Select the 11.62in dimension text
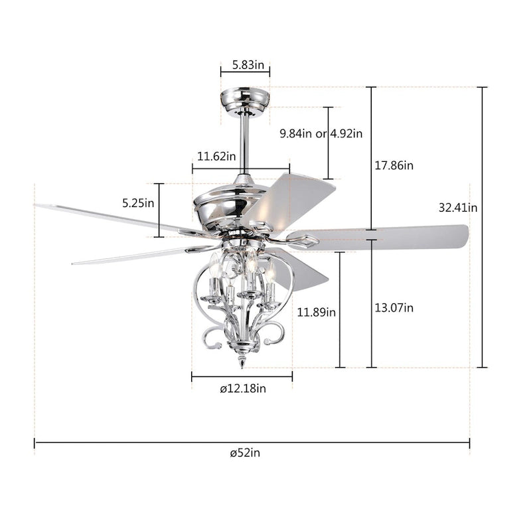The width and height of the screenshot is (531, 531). pos(216,157)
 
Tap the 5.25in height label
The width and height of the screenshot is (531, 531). pos(138,203)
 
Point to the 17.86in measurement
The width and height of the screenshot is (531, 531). pos(394,165)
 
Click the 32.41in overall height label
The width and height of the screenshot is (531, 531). pos(458,207)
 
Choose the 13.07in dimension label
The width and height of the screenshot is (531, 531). pos(394,307)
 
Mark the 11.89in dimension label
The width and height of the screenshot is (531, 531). pos(317,311)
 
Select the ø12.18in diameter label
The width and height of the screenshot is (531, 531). pos(243,389)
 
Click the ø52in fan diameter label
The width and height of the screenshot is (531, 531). pos(246,453)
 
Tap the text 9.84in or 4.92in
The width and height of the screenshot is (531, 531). pos(321,133)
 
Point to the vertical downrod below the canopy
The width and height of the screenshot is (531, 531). pos(245,143)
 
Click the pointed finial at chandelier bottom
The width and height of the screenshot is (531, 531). pos(242,361)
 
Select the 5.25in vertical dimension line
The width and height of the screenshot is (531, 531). pos(159,210)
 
